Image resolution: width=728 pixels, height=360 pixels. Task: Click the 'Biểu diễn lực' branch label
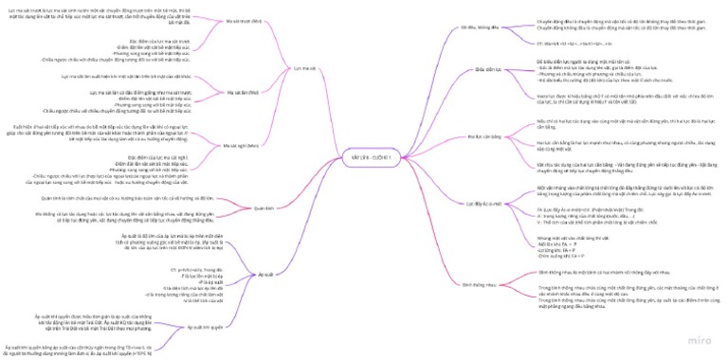point(486,69)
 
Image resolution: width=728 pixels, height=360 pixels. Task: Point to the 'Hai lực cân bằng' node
point(483,137)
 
